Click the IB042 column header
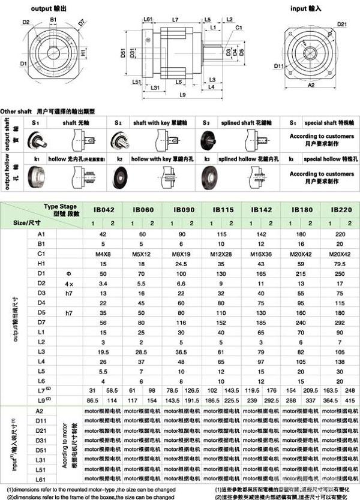pyautogui.click(x=103, y=210)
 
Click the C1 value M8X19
pyautogui.click(x=181, y=254)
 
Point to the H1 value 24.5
pyautogui.click(x=181, y=264)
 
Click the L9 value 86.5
pyautogui.click(x=92, y=400)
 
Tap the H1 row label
pyautogui.click(x=41, y=264)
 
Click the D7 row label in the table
pyautogui.click(x=41, y=322)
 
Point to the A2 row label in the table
pyautogui.click(x=41, y=411)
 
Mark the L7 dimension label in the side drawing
pyautogui.click(x=175, y=20)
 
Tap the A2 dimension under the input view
pyautogui.click(x=311, y=86)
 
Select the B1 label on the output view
pyautogui.click(x=53, y=20)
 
